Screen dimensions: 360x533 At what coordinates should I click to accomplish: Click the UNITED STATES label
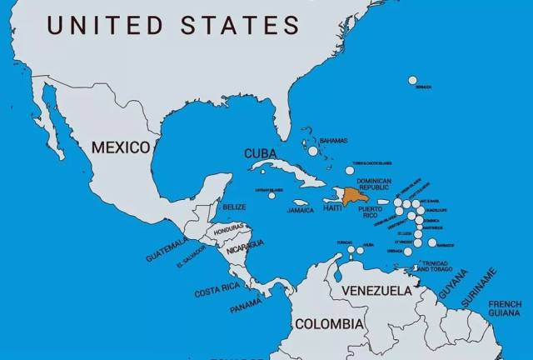173,25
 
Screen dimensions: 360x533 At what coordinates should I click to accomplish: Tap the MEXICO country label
121,147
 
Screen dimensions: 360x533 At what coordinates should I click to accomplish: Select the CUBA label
259,153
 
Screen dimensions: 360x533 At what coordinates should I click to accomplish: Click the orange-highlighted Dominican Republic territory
354,196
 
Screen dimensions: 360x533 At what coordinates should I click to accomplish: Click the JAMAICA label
301,211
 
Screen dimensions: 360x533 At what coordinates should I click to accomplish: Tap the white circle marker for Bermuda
412,81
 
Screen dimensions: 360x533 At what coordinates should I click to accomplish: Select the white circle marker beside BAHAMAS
313,151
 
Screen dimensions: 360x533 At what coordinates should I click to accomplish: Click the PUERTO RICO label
371,212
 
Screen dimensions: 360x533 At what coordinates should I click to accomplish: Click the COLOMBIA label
330,323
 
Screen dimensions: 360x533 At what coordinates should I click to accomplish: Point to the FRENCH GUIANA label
505,307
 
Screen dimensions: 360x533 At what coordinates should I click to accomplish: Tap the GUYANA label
454,285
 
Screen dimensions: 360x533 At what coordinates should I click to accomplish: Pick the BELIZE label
234,207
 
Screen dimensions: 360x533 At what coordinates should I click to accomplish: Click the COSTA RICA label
216,292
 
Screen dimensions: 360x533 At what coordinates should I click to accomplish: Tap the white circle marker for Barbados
432,242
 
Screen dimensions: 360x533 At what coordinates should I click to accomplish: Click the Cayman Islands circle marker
271,195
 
